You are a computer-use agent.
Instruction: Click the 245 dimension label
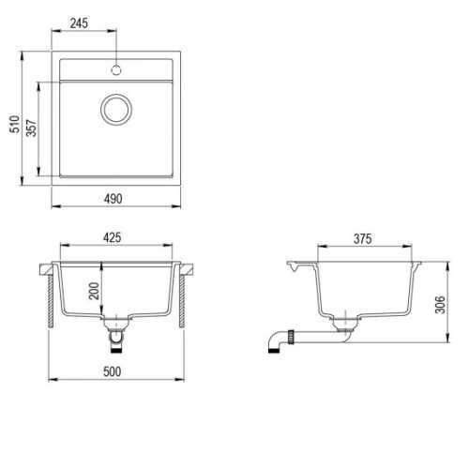pyautogui.click(x=79, y=23)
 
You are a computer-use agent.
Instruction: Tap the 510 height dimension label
pyautogui.click(x=14, y=124)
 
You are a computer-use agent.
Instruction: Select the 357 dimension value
pyautogui.click(x=32, y=128)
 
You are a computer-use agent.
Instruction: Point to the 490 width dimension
pyautogui.click(x=113, y=199)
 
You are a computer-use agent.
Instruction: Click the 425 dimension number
pyautogui.click(x=113, y=237)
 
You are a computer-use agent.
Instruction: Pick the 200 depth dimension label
pyautogui.click(x=94, y=291)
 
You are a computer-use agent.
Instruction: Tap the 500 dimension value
pyautogui.click(x=112, y=371)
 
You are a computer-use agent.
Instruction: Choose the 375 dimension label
pyautogui.click(x=363, y=239)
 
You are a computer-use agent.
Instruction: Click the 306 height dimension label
pyautogui.click(x=440, y=304)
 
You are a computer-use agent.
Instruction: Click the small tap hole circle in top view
pyautogui.click(x=116, y=70)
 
